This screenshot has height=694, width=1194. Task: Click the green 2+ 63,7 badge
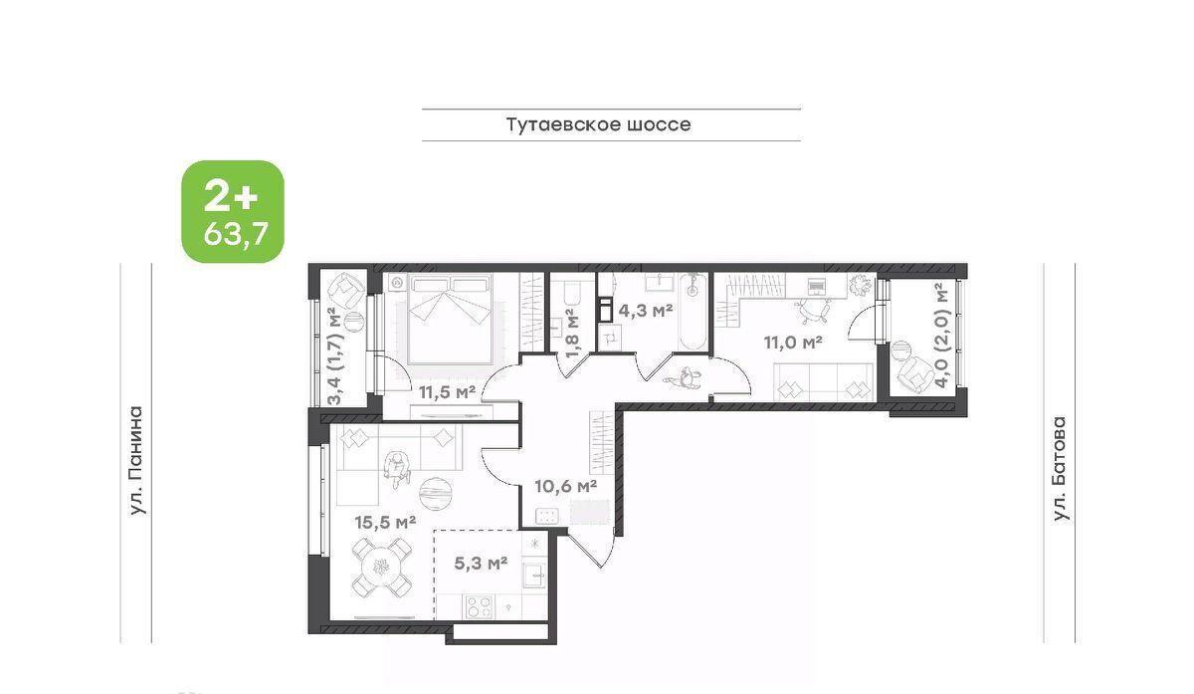click(x=233, y=211)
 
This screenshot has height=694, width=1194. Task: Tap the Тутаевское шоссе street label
click(x=598, y=124)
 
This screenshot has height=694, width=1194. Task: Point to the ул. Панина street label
click(x=137, y=461)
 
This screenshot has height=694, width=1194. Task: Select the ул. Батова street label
click(x=1061, y=468)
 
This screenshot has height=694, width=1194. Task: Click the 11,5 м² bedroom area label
click(x=447, y=392)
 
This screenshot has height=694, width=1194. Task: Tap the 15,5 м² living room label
click(x=385, y=522)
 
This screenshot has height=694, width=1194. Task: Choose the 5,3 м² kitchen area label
click(x=481, y=563)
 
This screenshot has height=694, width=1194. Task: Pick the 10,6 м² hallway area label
click(x=565, y=487)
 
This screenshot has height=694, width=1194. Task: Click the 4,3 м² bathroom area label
click(x=645, y=310)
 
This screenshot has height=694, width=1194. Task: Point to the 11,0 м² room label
click(x=793, y=342)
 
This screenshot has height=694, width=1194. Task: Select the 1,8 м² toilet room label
click(x=571, y=334)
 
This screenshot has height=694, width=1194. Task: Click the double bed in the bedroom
click(x=450, y=319)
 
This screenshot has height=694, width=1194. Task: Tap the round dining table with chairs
click(x=382, y=568)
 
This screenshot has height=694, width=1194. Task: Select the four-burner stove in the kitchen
click(x=479, y=607)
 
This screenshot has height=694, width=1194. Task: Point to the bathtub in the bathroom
click(x=693, y=312)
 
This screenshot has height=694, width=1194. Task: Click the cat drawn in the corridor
click(x=683, y=378)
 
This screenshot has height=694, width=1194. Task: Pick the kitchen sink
click(x=534, y=576)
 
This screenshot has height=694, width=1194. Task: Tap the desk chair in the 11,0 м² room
click(x=813, y=311)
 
